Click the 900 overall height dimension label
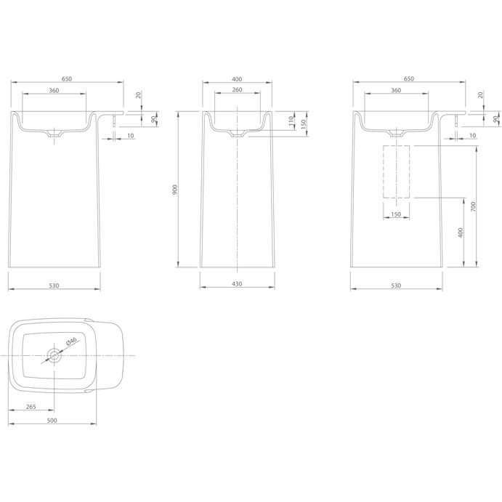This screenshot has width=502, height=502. (174, 190)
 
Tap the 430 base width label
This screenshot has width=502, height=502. (237, 284)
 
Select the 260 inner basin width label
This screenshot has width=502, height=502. (237, 89)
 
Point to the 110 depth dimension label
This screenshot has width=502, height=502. (291, 121)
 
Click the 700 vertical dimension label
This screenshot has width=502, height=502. (473, 206)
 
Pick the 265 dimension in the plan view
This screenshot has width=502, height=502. (31, 407)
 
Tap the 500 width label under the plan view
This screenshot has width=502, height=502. (52, 421)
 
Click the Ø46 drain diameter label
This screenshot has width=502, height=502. (71, 341)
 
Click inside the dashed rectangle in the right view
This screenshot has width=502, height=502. (397, 171)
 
